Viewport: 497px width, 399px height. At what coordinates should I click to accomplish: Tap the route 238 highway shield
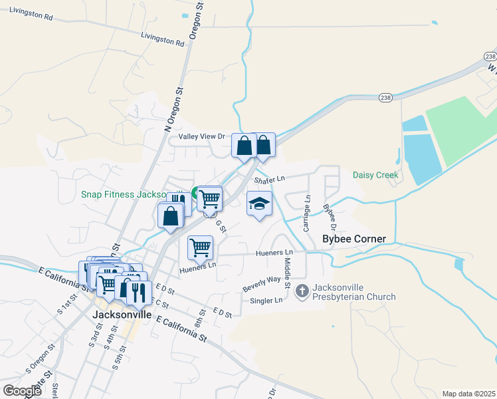tap(385, 98)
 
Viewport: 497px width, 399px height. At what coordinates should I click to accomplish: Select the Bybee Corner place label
tap(353, 238)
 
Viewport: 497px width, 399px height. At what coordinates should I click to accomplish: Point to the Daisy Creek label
tap(375, 176)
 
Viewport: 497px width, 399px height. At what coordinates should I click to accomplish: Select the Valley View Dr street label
tap(202, 136)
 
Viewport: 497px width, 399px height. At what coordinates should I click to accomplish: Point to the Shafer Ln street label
tap(269, 179)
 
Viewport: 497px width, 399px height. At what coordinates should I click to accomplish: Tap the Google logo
tap(22, 390)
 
